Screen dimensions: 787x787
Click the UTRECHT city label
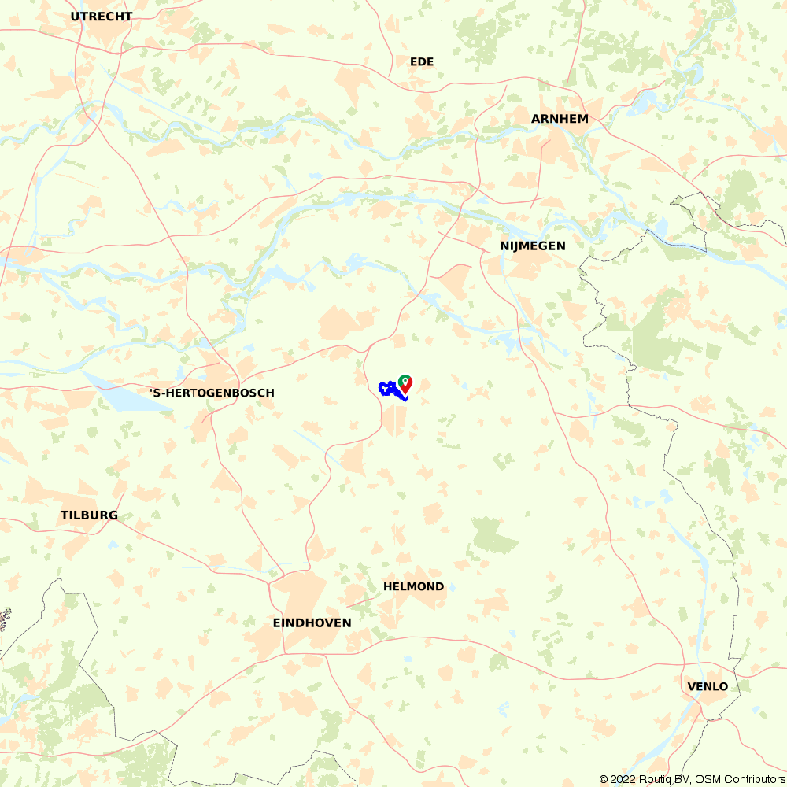[x=102, y=16]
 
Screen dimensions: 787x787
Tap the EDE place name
[x=422, y=61]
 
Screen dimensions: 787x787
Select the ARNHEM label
[x=560, y=119]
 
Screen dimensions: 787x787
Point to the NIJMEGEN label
[x=533, y=246]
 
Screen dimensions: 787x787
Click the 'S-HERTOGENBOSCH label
[x=212, y=393]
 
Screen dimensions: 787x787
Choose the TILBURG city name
[x=89, y=515]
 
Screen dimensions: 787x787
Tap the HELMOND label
[x=413, y=586]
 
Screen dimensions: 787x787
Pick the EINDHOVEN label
[x=312, y=623]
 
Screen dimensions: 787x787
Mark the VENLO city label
[x=708, y=686]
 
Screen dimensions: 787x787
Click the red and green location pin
[x=405, y=383]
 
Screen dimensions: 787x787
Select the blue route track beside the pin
[x=388, y=389]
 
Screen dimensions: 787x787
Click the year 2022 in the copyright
[x=624, y=779]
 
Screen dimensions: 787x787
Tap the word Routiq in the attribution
[x=658, y=779]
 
